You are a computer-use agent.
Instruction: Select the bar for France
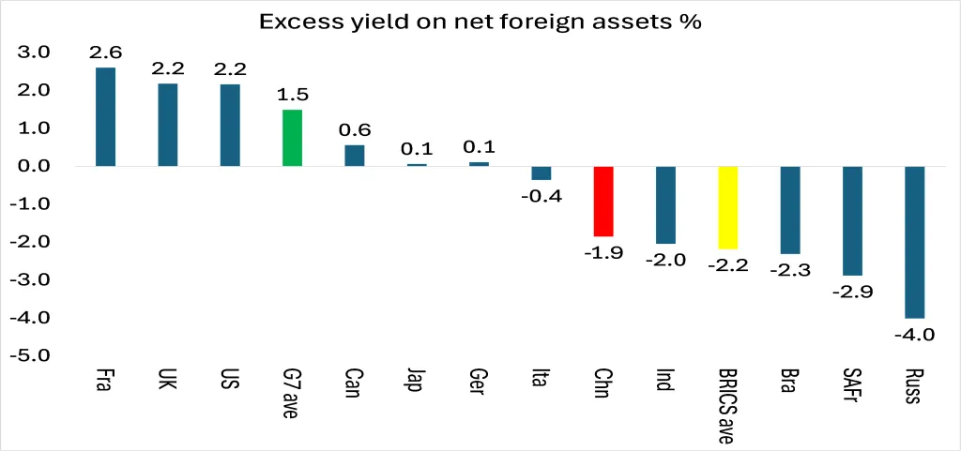(x=105, y=117)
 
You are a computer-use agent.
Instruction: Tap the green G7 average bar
(x=292, y=138)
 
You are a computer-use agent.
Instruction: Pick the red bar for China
(x=603, y=201)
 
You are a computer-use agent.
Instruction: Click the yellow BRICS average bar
(x=727, y=207)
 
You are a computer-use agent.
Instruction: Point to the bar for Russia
(x=914, y=242)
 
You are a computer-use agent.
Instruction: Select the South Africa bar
(x=852, y=220)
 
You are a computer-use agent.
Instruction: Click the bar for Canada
(x=355, y=156)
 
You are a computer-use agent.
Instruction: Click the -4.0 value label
(x=914, y=334)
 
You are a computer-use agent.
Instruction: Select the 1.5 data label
(x=293, y=95)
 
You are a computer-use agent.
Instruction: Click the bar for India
(x=665, y=204)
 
